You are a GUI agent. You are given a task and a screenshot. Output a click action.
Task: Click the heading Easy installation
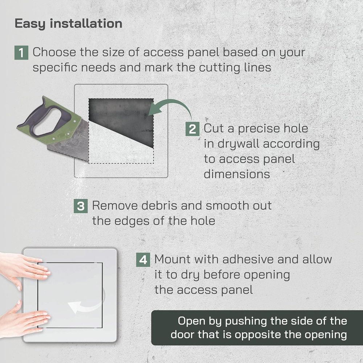click(68, 24)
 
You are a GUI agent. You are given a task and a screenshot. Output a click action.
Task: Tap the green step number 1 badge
click(21, 53)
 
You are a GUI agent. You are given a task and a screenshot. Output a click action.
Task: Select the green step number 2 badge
click(192, 129)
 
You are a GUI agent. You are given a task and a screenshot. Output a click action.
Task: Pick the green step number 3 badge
click(81, 206)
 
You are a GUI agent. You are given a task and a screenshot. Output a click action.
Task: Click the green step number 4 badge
click(143, 260)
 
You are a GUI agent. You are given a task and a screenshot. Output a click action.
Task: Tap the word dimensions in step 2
click(236, 174)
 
